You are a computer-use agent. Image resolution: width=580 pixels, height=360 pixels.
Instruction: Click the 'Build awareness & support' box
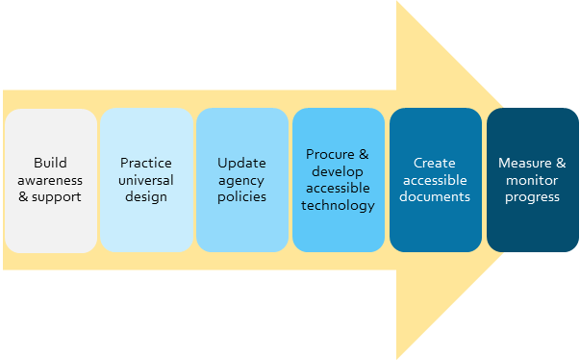50,180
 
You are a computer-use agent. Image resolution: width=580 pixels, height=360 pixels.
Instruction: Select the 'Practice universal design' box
145,180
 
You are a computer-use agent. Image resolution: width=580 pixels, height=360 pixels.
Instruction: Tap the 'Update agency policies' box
241,180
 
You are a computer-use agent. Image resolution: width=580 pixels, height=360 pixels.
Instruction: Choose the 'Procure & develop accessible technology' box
338,180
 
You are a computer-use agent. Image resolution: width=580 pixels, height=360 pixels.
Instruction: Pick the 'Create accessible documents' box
435,180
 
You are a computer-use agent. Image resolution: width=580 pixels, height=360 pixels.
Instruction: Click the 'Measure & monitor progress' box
532,180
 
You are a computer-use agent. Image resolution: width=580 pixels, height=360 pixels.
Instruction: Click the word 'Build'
50,163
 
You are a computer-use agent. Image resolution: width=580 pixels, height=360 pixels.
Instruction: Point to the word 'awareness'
50,180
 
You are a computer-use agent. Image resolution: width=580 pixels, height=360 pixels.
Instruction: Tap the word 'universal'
145,180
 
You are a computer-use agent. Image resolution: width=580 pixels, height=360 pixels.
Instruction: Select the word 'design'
145,197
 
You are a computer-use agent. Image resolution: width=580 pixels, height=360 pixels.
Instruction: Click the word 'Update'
241,163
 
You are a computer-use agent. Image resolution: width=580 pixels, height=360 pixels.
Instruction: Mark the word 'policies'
241,197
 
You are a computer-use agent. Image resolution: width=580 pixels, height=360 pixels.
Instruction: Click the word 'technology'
338,206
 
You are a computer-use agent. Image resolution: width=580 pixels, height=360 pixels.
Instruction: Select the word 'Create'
435,163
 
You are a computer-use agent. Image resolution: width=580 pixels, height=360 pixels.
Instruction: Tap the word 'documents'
436,197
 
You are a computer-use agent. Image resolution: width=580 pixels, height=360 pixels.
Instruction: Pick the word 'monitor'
532,180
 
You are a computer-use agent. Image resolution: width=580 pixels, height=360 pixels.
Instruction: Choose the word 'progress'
532,197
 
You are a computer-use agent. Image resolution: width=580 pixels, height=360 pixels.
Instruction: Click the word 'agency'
241,180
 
